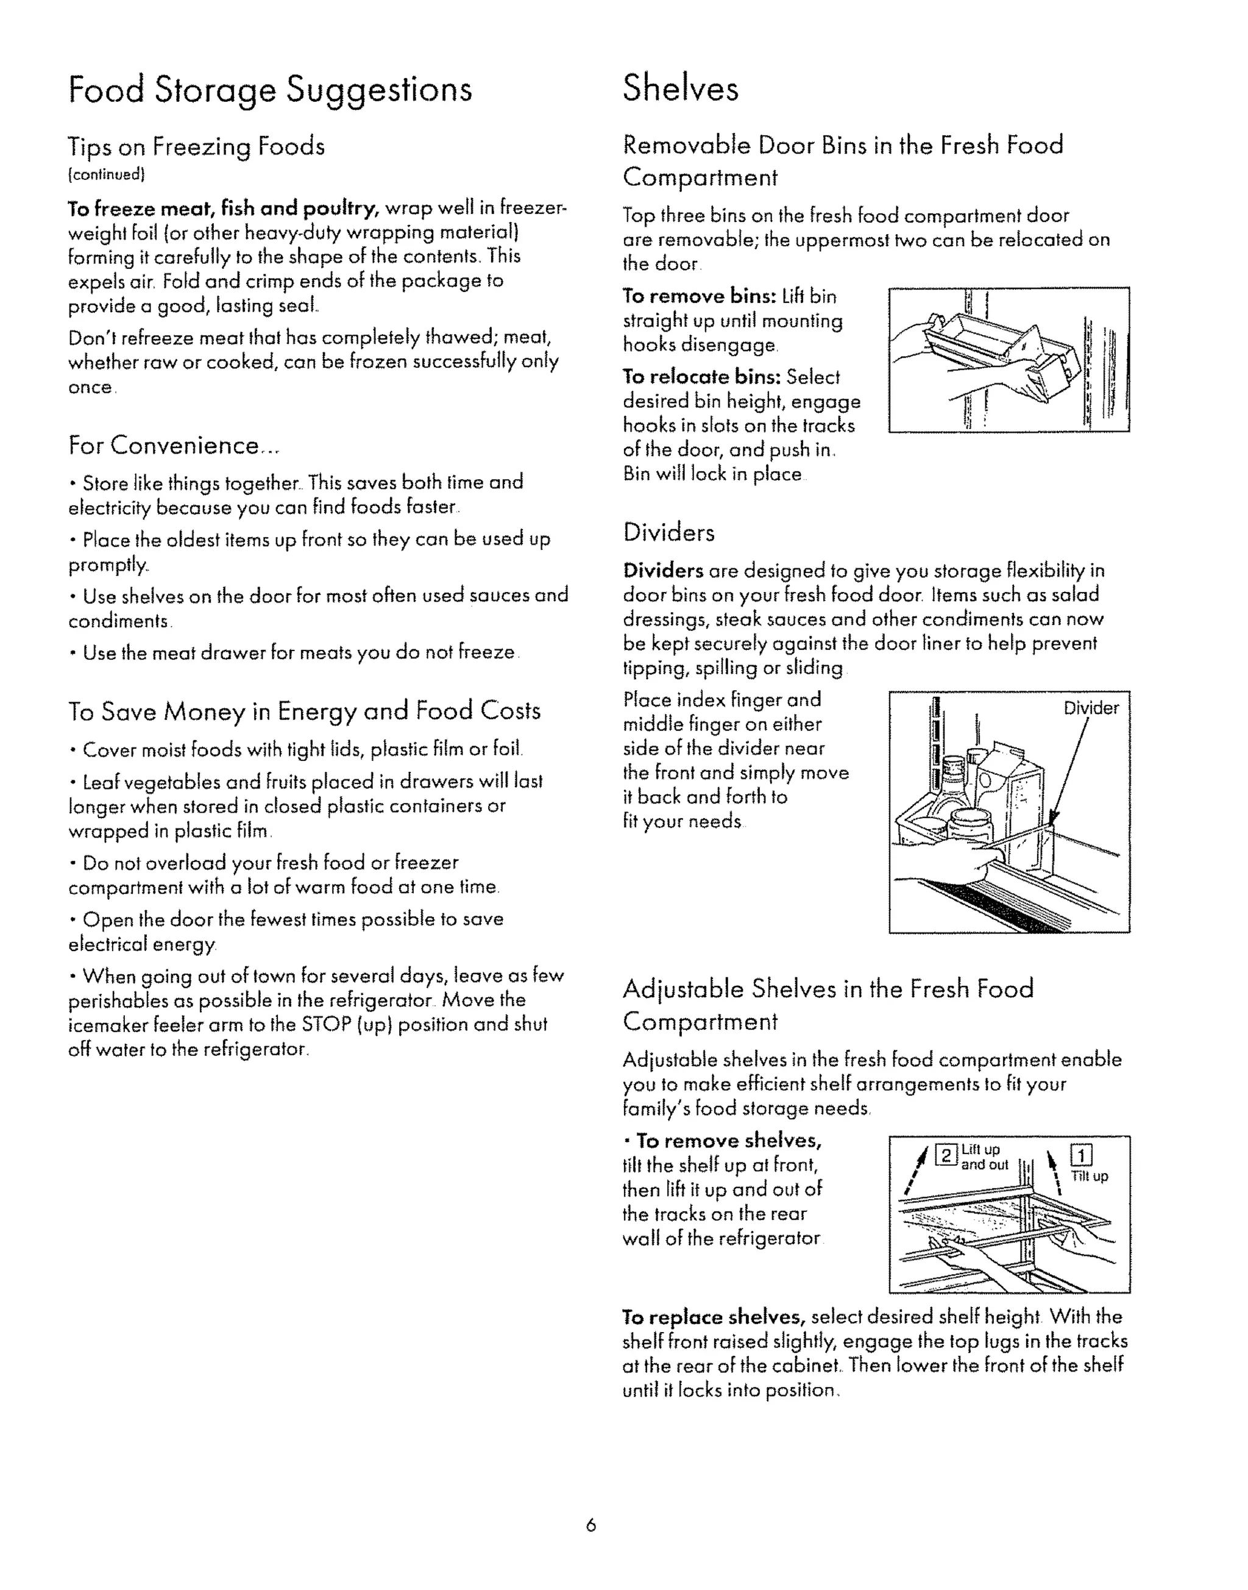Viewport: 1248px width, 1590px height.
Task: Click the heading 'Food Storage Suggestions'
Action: click(x=271, y=91)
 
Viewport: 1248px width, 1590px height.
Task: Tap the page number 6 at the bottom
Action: click(x=591, y=1525)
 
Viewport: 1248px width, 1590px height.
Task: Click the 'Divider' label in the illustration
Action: click(x=1091, y=708)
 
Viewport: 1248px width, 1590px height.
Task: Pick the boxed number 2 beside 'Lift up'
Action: click(x=946, y=1156)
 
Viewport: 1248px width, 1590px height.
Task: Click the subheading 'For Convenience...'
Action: click(x=173, y=445)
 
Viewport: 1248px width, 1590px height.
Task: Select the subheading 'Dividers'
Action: click(x=668, y=532)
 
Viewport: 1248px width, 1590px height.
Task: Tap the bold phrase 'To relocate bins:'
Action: click(x=702, y=377)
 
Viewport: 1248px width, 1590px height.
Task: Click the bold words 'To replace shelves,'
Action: click(x=713, y=1317)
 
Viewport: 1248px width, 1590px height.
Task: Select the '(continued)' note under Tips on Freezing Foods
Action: click(x=107, y=175)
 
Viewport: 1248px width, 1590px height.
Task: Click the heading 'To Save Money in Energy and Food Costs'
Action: click(x=305, y=711)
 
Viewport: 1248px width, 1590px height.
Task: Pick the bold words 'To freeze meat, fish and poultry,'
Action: click(x=224, y=209)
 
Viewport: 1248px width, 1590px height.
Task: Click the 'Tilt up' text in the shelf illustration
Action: click(x=1090, y=1176)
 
